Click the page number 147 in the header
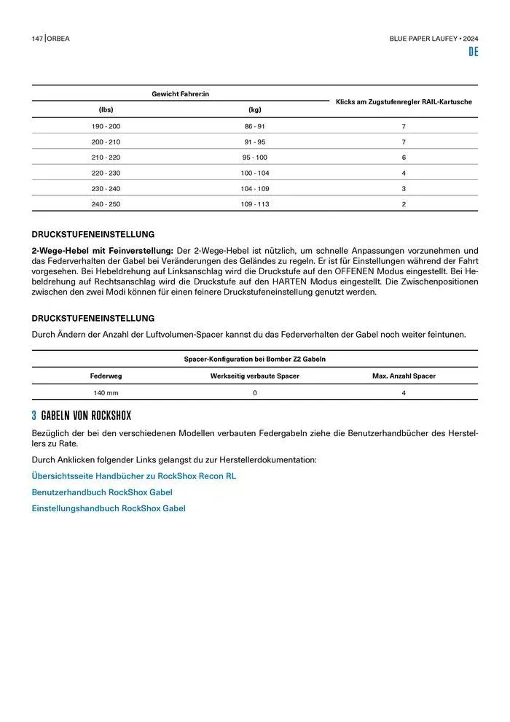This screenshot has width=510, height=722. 37,38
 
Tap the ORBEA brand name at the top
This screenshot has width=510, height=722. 60,38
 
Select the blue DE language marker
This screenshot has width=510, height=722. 473,53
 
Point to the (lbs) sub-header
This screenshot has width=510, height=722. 106,109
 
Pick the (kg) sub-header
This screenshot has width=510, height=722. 254,109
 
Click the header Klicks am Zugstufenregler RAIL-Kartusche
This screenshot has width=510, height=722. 403,101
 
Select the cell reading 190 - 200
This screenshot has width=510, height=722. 106,126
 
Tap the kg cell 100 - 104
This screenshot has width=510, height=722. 254,173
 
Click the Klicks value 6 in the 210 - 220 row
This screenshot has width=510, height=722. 403,158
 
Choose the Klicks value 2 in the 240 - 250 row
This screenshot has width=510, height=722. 403,204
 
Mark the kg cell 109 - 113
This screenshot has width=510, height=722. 254,204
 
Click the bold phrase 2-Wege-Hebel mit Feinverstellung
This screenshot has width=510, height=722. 102,250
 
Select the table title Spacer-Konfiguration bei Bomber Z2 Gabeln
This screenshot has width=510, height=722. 254,359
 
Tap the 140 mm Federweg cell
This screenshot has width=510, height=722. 106,393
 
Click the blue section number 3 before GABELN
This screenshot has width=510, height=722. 34,416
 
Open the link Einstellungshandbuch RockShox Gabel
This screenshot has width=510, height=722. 108,508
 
